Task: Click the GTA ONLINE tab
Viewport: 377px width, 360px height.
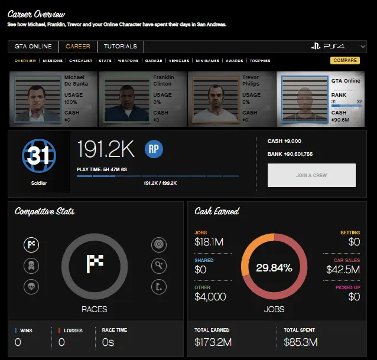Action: click(x=34, y=47)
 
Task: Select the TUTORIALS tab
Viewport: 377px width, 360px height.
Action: click(x=120, y=47)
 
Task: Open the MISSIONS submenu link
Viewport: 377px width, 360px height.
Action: click(x=53, y=61)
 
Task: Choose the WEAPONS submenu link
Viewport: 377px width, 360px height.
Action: click(x=128, y=61)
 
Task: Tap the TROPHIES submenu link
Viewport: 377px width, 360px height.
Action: click(x=260, y=61)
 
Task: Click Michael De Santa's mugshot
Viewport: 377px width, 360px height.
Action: click(x=35, y=97)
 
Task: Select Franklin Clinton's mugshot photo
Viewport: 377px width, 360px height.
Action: click(x=125, y=97)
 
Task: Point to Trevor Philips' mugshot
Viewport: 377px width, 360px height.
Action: click(x=214, y=97)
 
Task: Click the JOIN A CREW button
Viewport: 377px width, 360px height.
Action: click(x=311, y=175)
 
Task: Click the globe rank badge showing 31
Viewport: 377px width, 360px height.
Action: click(x=39, y=156)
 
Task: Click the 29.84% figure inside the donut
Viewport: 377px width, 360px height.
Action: click(x=274, y=268)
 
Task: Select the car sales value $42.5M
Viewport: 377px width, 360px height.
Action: click(x=343, y=270)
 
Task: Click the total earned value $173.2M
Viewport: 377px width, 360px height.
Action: click(x=213, y=342)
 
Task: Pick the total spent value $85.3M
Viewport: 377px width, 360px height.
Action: click(x=301, y=342)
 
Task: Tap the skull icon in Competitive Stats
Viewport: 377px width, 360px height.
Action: click(x=31, y=266)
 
